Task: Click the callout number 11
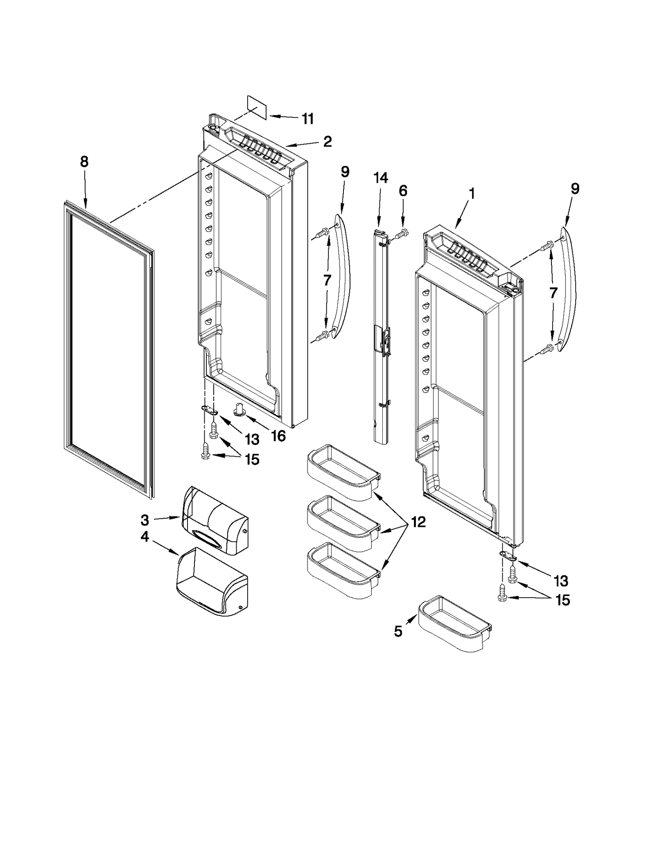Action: tap(307, 118)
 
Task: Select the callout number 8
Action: tap(84, 162)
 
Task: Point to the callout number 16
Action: tap(278, 436)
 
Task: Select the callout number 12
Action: tap(418, 522)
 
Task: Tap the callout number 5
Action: tap(398, 632)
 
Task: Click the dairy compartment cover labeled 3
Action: tap(215, 520)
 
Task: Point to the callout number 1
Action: tap(472, 193)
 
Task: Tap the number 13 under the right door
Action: tap(561, 580)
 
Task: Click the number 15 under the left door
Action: tap(252, 459)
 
